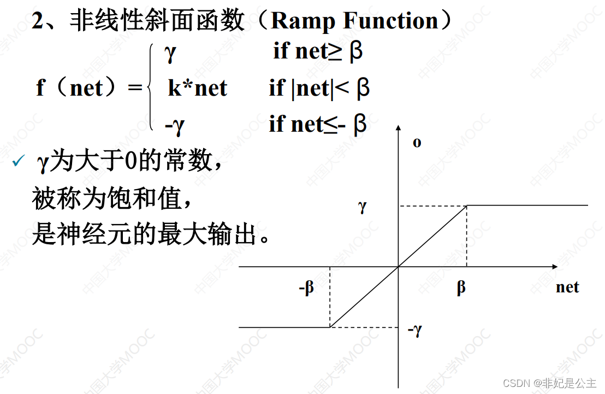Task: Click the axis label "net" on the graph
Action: [x=567, y=287]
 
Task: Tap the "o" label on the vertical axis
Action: [x=417, y=143]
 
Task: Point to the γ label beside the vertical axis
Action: [x=362, y=207]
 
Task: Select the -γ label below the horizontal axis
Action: [x=415, y=330]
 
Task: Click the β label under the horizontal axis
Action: [x=461, y=288]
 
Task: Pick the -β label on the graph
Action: [x=307, y=288]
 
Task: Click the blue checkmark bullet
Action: [x=19, y=162]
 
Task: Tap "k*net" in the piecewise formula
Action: [x=197, y=88]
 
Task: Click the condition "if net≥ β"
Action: [x=318, y=51]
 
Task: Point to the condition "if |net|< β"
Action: [x=319, y=88]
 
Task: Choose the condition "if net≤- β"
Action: [x=318, y=125]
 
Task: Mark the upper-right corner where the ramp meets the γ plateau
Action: [x=467, y=205]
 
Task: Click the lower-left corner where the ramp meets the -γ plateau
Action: [x=330, y=327]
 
